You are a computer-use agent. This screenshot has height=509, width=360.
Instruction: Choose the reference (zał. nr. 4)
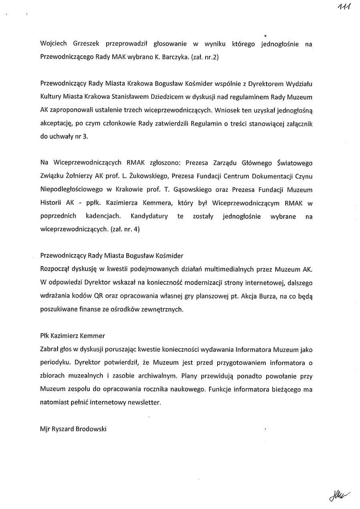120,230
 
